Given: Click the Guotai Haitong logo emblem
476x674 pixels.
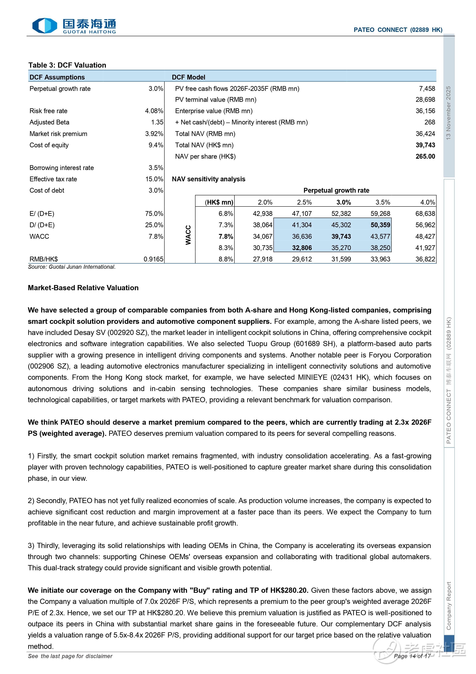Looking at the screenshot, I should tap(44, 26).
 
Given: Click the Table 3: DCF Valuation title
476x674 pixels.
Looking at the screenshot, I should tap(67, 65).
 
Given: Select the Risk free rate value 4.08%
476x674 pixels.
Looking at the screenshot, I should tap(154, 111).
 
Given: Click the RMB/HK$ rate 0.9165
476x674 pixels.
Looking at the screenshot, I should tap(153, 259).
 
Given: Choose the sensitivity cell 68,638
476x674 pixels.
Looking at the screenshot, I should tap(425, 214).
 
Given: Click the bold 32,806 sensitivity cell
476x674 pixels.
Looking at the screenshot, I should tap(302, 248).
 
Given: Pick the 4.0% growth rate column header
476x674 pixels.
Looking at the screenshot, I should tap(427, 202).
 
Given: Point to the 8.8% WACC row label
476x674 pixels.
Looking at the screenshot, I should tap(226, 259).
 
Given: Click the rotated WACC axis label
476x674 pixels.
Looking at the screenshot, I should tap(188, 235).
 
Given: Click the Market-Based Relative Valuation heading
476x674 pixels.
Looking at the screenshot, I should tap(83, 288).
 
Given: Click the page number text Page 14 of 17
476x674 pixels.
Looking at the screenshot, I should tap(412, 656).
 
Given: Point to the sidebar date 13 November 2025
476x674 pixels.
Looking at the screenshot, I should tap(448, 113).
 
